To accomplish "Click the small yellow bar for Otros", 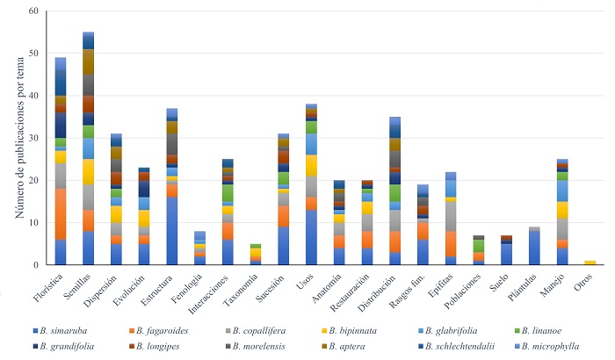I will click(590, 263).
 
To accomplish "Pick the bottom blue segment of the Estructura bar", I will click(171, 231).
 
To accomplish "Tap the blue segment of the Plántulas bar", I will click(533, 248).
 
